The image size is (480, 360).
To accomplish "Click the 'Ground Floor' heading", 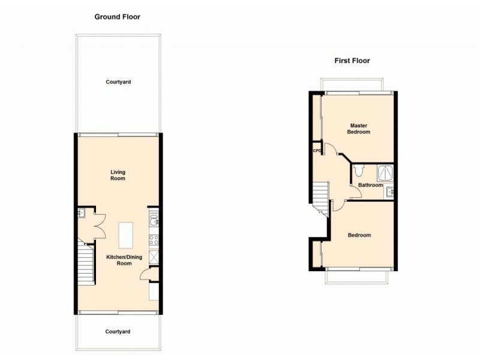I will tap(117, 17).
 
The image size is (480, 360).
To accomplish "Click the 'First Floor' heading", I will tap(352, 61).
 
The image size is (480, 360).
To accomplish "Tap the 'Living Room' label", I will tap(118, 175).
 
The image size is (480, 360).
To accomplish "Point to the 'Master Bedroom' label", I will tap(359, 128).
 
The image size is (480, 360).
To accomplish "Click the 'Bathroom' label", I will tap(370, 185).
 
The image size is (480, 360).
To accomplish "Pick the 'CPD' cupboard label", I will tap(317, 151).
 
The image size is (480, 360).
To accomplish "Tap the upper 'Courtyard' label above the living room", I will tap(118, 82).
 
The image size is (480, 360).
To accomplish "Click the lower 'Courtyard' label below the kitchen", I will tap(118, 331).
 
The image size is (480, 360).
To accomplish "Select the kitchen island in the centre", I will tap(126, 235).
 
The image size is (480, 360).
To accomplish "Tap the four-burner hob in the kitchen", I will tap(153, 239).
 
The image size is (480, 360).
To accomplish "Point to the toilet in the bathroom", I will tap(359, 170).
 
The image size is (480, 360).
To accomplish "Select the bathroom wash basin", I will tap(389, 192).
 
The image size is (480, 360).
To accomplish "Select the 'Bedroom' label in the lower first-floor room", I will tap(359, 235).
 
